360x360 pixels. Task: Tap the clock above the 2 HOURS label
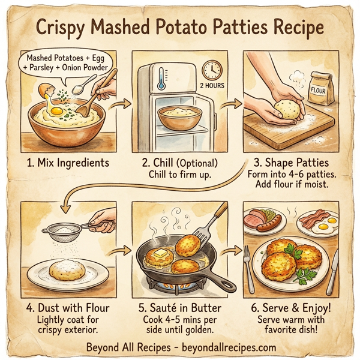point(211,70)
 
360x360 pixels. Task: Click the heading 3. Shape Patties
point(290,163)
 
